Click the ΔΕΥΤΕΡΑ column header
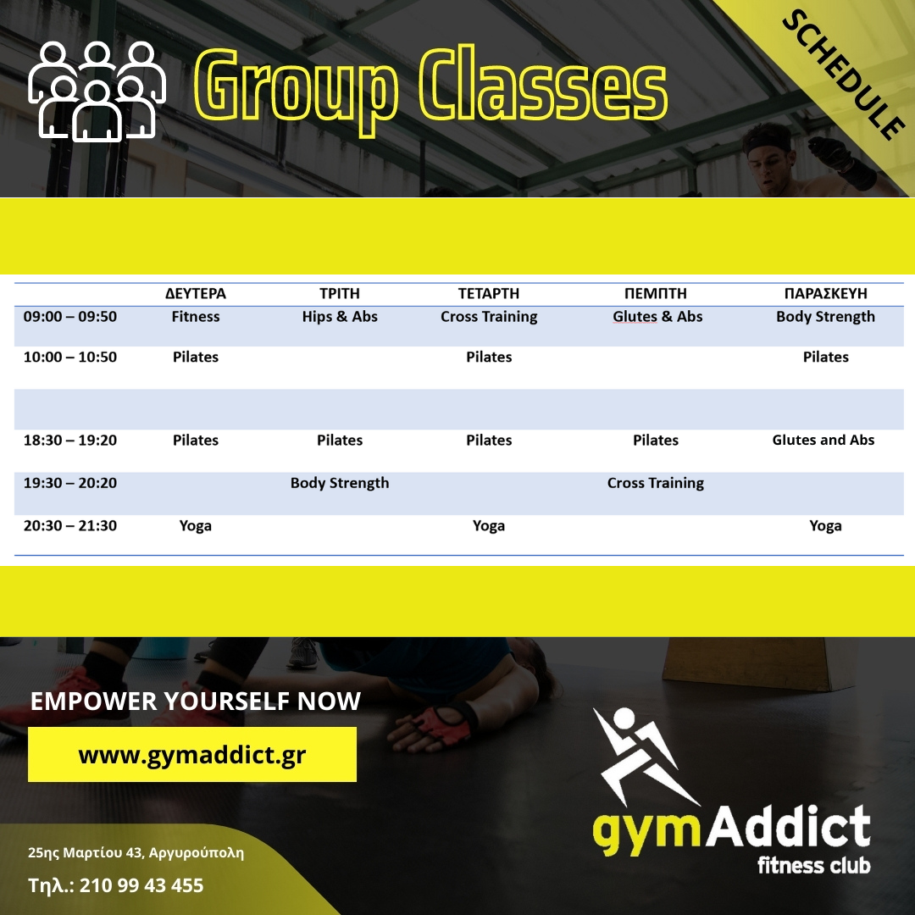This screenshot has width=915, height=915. tap(196, 293)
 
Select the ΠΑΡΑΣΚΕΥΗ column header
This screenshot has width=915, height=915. tap(825, 293)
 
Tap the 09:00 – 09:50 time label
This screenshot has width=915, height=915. tap(70, 317)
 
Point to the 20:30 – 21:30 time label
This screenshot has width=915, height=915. tap(70, 526)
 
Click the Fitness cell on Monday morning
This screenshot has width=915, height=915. tap(196, 317)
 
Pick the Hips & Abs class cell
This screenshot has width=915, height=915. tap(340, 317)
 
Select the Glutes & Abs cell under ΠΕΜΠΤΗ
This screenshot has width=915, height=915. tap(657, 317)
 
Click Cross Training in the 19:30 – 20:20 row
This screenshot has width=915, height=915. tap(655, 483)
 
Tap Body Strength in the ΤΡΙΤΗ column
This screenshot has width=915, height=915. tap(340, 483)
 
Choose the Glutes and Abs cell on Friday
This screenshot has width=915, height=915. tap(823, 440)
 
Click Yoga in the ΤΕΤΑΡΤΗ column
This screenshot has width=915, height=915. tap(489, 526)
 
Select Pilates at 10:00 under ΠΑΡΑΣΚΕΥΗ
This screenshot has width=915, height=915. tap(825, 358)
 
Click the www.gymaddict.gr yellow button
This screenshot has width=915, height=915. tap(192, 755)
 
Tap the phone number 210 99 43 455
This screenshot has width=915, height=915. tap(141, 886)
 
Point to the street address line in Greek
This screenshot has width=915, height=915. tap(136, 853)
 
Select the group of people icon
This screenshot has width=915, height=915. tap(97, 91)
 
